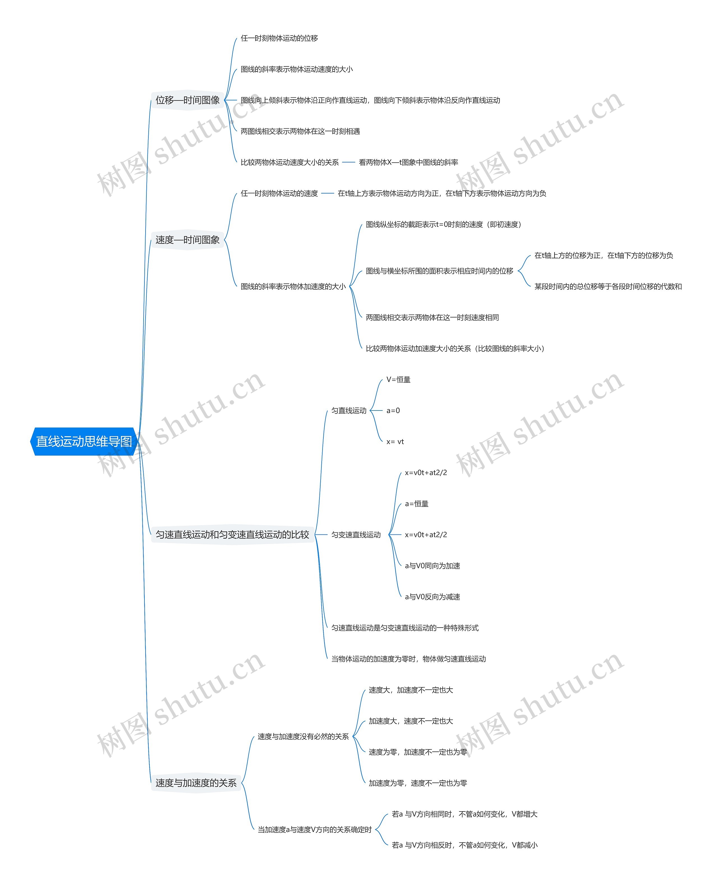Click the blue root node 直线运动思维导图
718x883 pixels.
(84, 441)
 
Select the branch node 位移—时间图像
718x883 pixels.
(187, 100)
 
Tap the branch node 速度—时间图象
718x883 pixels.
(187, 240)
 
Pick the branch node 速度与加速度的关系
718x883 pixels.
(196, 783)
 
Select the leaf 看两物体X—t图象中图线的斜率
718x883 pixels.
(408, 162)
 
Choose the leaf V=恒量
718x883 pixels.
(398, 379)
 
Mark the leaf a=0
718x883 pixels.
(393, 411)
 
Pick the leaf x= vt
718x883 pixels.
(395, 441)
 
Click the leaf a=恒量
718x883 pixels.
(416, 504)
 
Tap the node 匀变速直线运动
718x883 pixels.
(356, 534)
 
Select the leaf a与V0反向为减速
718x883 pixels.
(432, 596)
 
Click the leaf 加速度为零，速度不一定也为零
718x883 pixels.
(418, 783)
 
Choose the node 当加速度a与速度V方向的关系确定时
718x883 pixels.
(315, 829)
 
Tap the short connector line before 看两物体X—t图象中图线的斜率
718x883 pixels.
(349, 162)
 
